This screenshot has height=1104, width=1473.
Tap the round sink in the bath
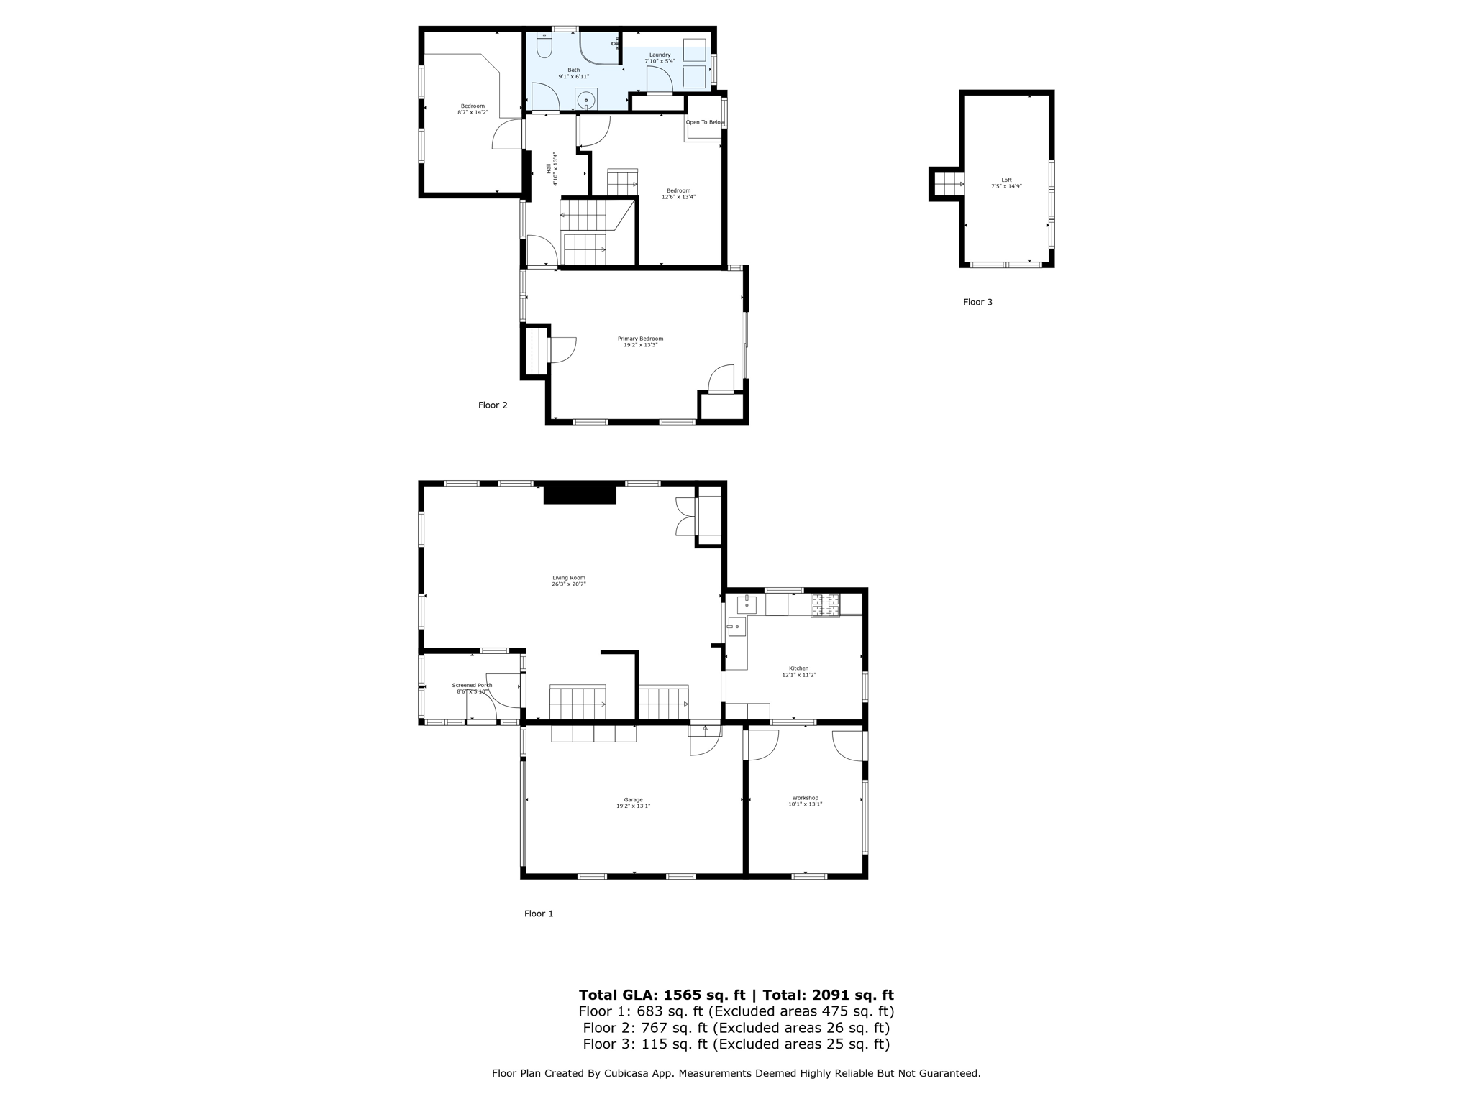pos(586,100)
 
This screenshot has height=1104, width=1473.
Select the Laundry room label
pos(660,55)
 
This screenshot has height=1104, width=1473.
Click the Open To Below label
pos(704,122)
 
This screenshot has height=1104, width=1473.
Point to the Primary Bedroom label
pos(640,339)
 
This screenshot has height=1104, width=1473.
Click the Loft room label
pos(1006,180)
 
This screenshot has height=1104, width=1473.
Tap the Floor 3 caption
pos(977,303)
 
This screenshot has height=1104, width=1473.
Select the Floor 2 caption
pos(493,405)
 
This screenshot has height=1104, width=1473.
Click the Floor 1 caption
pos(539,914)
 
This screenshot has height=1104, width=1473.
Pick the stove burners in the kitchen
pos(826,605)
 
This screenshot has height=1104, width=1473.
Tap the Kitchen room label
pos(798,668)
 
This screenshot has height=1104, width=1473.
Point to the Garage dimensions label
pos(633,806)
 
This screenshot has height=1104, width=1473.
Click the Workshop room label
pos(805,798)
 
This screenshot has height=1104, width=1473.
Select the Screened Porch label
pos(472,686)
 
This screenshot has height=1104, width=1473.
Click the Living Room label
pos(568,578)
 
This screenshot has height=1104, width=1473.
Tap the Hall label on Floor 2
pos(549,168)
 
